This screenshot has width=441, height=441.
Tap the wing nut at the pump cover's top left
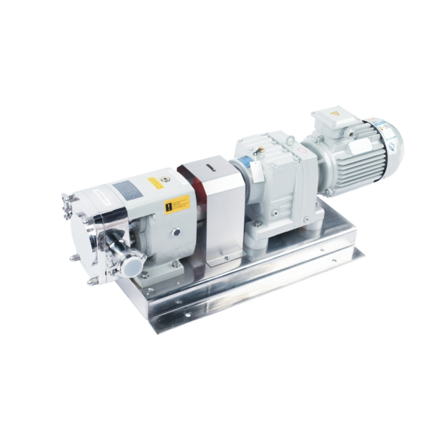point(67,199)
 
